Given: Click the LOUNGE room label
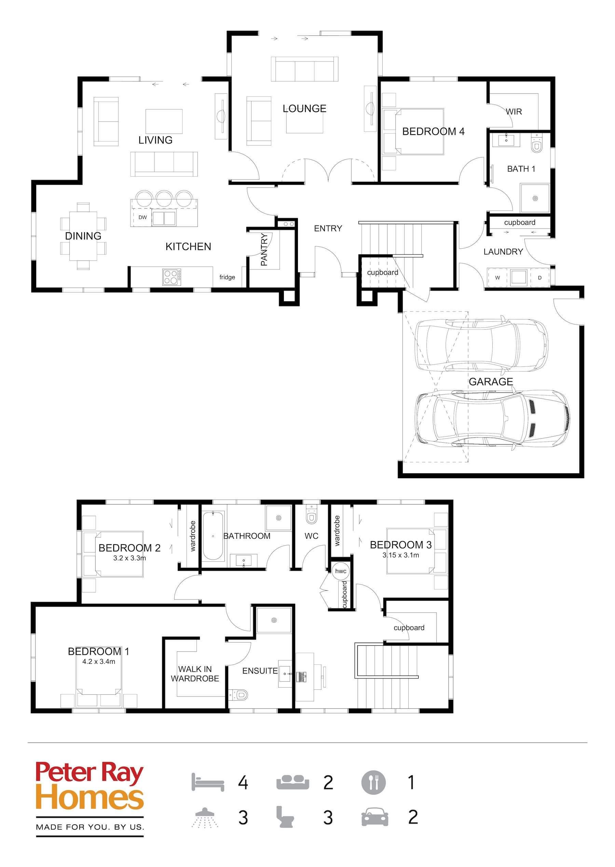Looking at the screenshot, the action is [x=304, y=109].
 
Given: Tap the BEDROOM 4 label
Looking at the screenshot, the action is [x=433, y=132].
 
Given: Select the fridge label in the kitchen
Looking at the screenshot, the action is [x=227, y=277].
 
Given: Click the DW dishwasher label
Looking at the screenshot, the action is [x=142, y=217].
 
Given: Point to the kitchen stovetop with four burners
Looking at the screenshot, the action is [x=172, y=277].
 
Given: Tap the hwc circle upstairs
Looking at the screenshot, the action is [x=340, y=571].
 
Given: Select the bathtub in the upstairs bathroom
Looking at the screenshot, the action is [x=213, y=536].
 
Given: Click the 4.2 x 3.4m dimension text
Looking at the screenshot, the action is [x=98, y=662].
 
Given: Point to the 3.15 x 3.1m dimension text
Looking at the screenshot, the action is [x=401, y=555].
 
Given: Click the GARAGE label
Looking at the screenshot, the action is [x=491, y=382].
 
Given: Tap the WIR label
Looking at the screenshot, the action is [x=514, y=112].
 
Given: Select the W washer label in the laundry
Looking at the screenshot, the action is [x=497, y=277].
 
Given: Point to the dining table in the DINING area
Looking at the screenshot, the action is [x=83, y=236].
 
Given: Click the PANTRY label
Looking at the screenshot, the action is [x=264, y=249].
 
